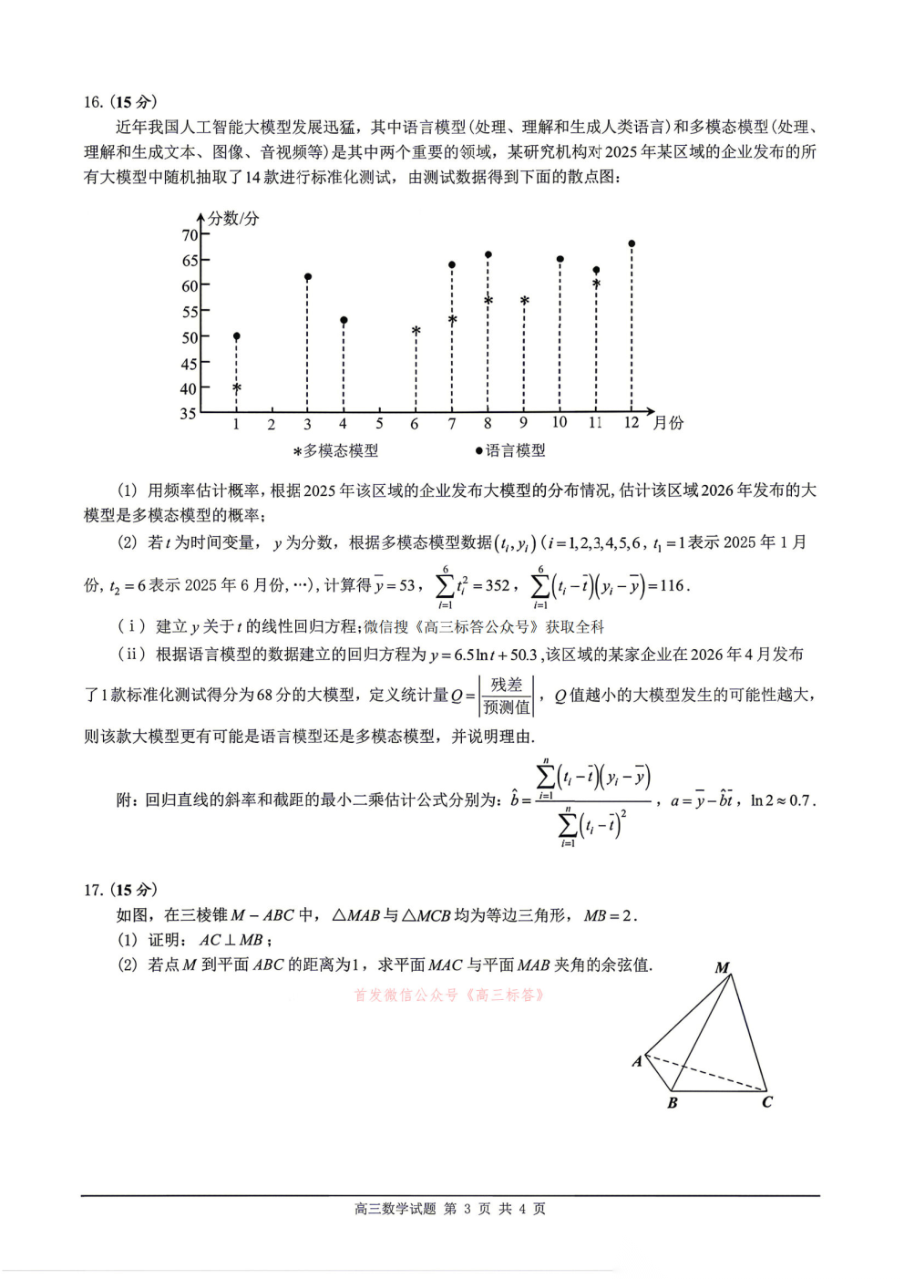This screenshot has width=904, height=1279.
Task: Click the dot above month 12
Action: tap(632, 243)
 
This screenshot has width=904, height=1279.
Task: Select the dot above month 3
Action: tap(308, 276)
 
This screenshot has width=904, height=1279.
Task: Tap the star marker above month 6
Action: tap(416, 331)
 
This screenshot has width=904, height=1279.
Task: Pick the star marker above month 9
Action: tap(524, 301)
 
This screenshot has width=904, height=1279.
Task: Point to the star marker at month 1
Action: tap(237, 388)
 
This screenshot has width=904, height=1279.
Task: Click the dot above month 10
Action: tap(560, 259)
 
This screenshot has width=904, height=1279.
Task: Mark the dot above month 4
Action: tap(344, 320)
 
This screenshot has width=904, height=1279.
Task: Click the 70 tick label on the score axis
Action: tap(190, 235)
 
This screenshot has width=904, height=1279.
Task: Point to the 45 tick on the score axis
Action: tap(190, 364)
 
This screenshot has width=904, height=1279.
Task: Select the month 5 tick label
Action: tap(379, 423)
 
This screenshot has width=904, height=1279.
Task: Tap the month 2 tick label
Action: tap(272, 424)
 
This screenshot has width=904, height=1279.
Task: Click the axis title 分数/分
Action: tap(233, 218)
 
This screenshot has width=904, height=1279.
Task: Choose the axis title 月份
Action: tap(668, 423)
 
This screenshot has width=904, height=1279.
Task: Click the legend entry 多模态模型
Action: tap(335, 450)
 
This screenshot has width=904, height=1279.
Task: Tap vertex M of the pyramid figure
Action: tap(723, 968)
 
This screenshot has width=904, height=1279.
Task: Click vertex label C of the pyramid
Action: tap(767, 1102)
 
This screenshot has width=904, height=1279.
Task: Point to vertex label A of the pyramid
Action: tap(637, 1061)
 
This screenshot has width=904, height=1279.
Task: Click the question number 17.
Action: tap(93, 890)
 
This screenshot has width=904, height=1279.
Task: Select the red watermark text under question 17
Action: tap(450, 995)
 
